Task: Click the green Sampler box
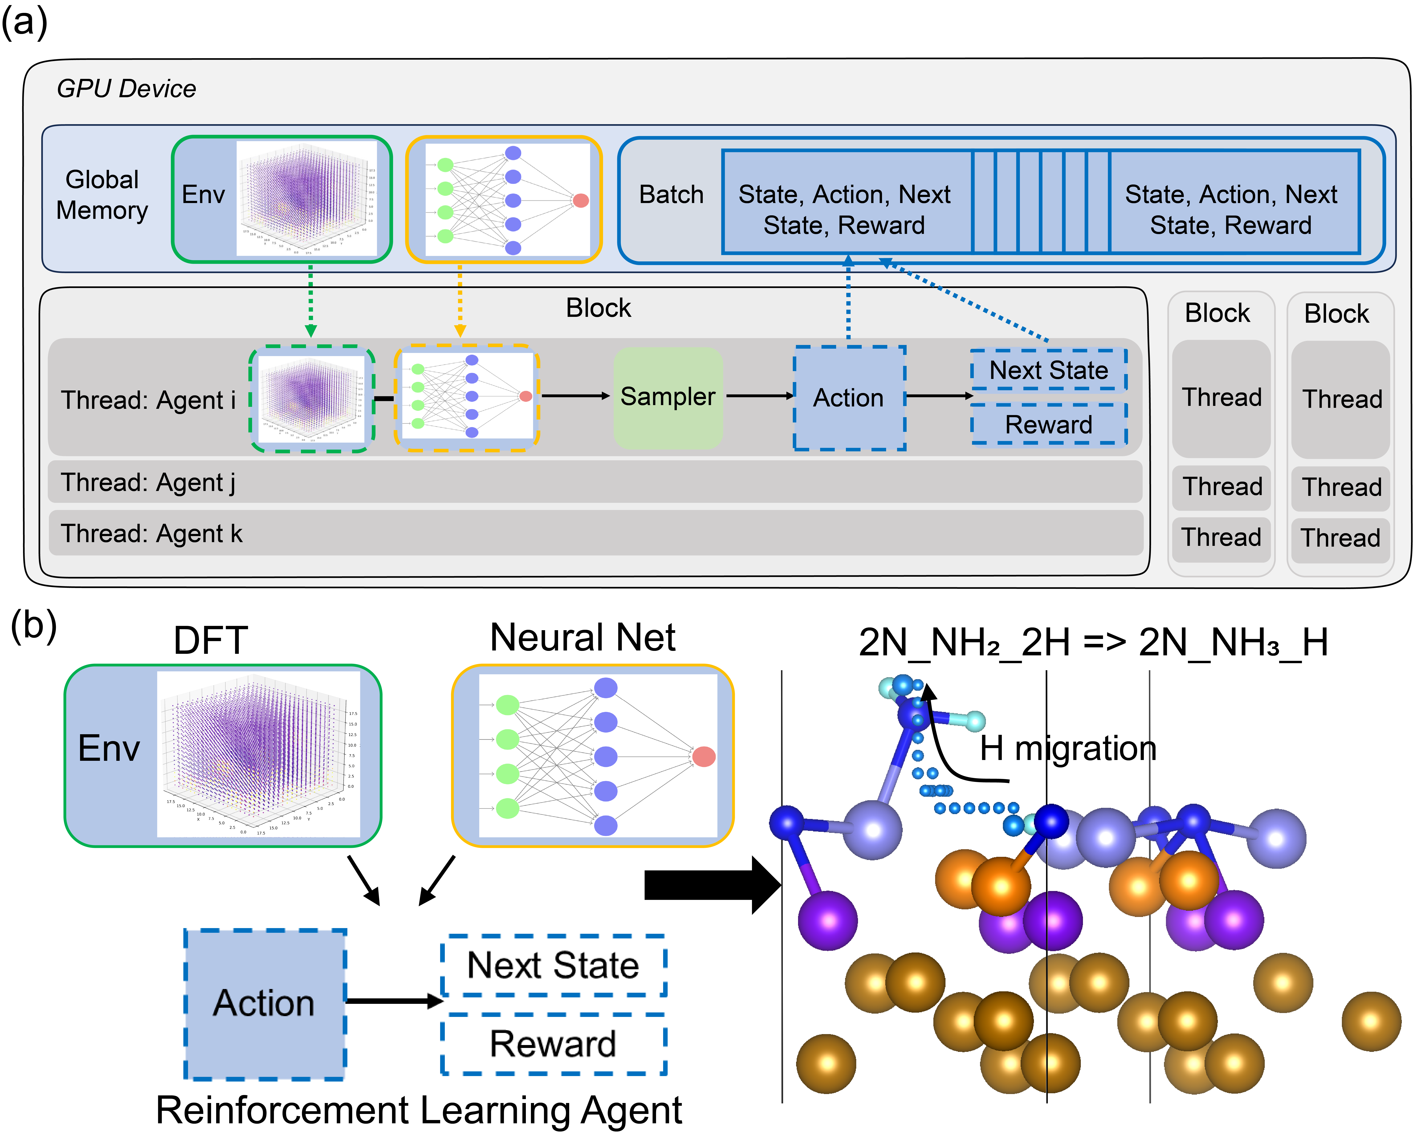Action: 667,397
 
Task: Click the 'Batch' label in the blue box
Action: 671,194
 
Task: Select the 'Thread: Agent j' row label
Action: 148,482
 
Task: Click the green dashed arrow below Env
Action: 310,301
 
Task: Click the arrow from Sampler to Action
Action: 759,396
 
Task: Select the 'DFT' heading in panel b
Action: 210,641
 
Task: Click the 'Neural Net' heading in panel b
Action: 582,638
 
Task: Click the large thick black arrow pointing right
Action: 712,885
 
